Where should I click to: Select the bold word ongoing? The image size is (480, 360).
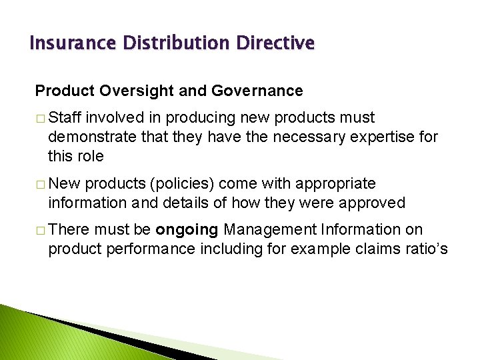(x=187, y=231)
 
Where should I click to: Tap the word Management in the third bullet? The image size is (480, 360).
(x=270, y=230)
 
